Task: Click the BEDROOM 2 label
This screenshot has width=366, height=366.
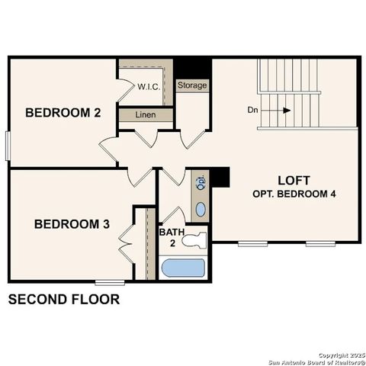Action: tap(63, 113)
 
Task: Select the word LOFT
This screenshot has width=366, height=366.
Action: tap(294, 180)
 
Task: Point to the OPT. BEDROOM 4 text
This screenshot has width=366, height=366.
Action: tap(294, 194)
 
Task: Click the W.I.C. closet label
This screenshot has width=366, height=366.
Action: tap(149, 86)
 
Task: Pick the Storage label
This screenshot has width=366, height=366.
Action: tap(192, 85)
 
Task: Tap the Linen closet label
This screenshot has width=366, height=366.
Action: tap(146, 114)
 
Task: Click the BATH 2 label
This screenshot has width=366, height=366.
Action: tap(169, 236)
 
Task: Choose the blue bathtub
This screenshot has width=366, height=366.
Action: tap(183, 268)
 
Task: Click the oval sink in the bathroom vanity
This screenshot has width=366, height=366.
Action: tap(201, 209)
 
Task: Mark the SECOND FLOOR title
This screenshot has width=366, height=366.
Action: tap(63, 299)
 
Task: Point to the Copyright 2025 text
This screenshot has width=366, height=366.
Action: tap(339, 355)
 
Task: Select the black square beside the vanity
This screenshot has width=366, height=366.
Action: tap(220, 176)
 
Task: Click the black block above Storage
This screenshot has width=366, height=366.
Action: tap(192, 67)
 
